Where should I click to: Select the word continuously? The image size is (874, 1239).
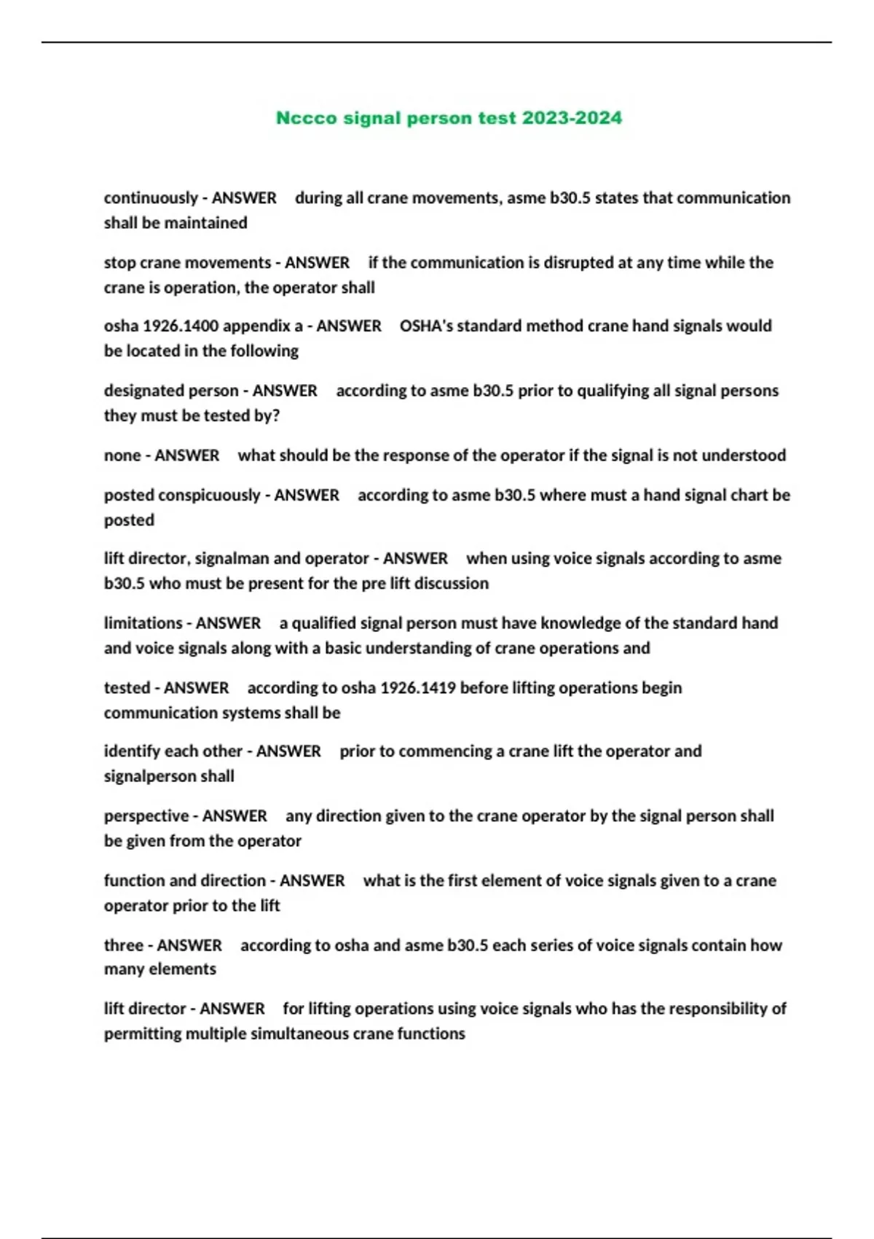point(151,198)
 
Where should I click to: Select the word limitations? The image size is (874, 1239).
point(143,623)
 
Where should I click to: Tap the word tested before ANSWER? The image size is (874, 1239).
point(127,688)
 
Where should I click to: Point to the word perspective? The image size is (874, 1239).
point(146,816)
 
